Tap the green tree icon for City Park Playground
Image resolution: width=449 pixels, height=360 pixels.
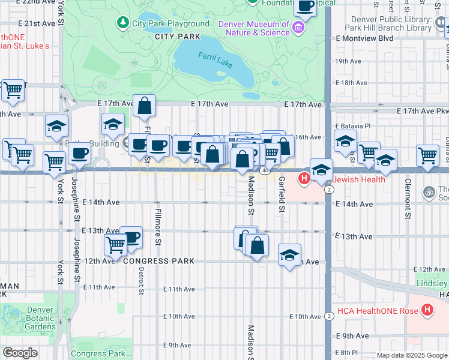point(123,23)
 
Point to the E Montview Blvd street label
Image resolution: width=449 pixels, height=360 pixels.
point(364,38)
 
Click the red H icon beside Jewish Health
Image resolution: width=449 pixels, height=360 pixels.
point(304,178)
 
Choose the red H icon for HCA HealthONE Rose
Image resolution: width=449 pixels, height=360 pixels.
point(427,310)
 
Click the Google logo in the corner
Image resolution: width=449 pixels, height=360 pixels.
point(20,353)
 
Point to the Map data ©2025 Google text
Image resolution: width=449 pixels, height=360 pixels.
point(411,355)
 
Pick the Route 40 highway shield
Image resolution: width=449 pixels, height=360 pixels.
point(265,171)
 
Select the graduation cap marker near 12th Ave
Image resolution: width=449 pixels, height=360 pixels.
point(289,254)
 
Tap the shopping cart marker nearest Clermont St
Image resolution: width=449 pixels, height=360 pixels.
point(428,155)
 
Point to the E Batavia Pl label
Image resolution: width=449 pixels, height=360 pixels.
point(354,126)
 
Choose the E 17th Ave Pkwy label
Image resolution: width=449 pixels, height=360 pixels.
point(423,111)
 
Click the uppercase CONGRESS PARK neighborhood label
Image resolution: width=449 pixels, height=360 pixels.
point(158,261)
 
